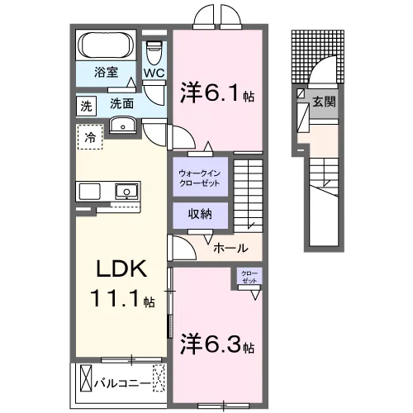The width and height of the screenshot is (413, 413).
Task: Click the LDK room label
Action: click(x=123, y=270)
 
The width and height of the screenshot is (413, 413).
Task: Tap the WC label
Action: click(x=154, y=73)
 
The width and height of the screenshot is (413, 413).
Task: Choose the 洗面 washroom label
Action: click(x=122, y=105)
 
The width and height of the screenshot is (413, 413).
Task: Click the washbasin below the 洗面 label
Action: click(x=124, y=126)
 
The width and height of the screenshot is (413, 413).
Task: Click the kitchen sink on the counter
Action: click(x=126, y=191)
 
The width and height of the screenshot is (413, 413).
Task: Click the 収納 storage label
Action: click(x=201, y=214)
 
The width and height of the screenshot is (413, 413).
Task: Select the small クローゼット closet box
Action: click(x=248, y=276)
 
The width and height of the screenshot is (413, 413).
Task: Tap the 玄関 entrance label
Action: click(x=321, y=102)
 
